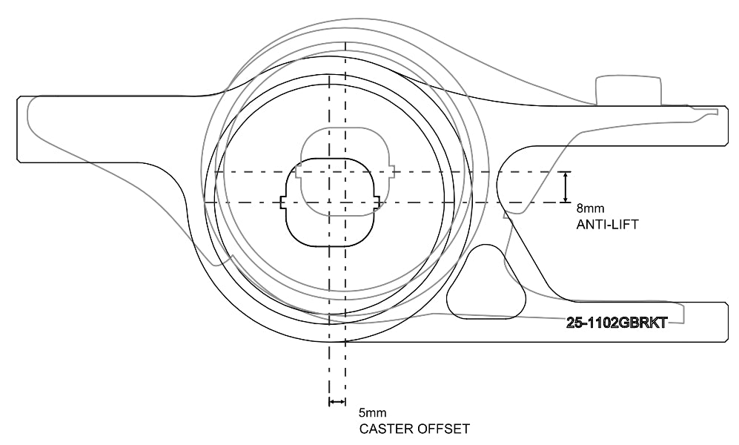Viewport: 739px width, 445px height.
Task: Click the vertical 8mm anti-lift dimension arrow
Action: (566, 187)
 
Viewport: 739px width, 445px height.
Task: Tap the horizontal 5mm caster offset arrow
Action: (337, 401)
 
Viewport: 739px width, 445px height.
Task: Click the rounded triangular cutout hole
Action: (486, 286)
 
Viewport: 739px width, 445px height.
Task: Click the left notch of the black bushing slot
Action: (282, 202)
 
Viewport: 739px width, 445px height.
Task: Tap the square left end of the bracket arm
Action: (22, 129)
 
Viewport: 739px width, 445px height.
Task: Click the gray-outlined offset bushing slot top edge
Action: (344, 128)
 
